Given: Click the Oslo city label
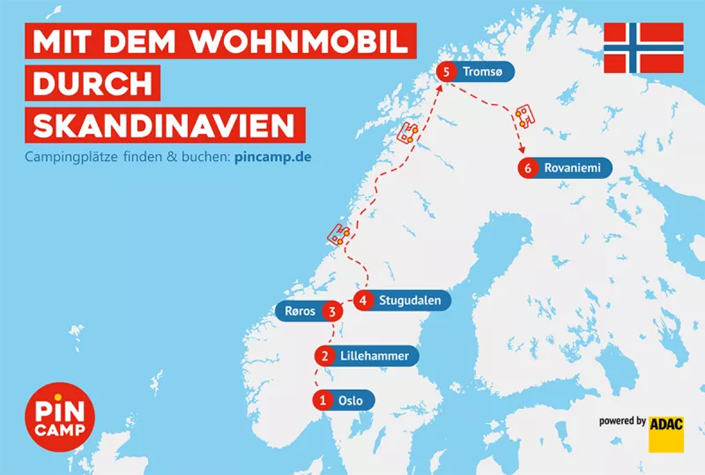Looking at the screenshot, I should coord(351,400).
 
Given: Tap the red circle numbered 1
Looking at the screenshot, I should coord(323,400).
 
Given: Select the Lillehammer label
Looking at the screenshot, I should coord(374,356).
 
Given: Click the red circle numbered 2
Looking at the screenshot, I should coord(325,356).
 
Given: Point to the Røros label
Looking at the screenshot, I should coord(300,311).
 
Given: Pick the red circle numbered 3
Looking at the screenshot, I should coord(332,311).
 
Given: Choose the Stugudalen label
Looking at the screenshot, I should coord(410,300).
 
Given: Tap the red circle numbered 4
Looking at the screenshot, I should coord(363,300).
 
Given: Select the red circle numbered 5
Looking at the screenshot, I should coord(447,72).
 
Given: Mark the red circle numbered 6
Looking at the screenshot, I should coord(528,168).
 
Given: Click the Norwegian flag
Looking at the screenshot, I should coord(643,47).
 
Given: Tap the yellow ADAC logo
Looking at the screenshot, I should coord(666,434).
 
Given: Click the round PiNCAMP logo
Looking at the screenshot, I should coord(60,417).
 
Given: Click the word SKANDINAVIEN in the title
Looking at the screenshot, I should coord(164,125).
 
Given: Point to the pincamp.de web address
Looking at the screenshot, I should coord(272,156).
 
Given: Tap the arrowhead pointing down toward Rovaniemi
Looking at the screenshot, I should coord(522,150).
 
